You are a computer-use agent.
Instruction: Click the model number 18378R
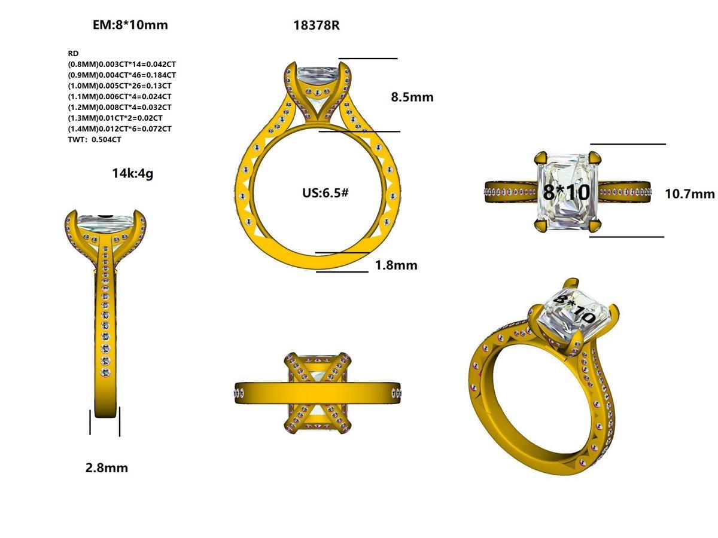317,25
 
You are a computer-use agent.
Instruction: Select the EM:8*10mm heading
130,25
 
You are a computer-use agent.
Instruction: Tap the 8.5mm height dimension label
412,97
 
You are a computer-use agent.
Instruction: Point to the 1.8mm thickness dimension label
396,265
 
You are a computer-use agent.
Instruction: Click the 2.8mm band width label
107,467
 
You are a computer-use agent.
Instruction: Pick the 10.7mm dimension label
690,194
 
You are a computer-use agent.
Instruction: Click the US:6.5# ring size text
325,193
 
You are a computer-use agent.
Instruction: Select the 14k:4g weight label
132,173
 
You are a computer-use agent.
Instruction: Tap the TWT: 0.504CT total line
95,140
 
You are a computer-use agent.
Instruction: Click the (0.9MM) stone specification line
122,75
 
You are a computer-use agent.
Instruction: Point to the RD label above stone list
74,53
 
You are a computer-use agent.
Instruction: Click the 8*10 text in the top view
567,192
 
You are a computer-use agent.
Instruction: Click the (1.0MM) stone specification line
120,85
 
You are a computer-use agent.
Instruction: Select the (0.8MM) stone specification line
122,64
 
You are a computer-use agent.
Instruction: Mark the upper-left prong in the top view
540,158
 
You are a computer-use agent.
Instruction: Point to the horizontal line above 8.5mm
367,59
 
